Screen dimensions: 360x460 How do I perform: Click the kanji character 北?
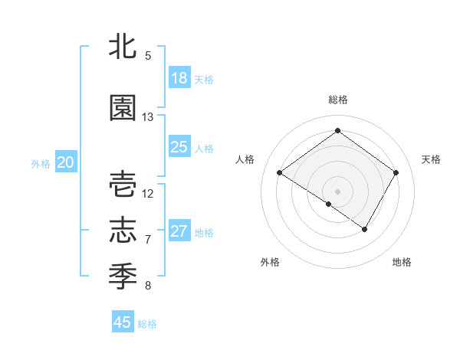pos(123,47)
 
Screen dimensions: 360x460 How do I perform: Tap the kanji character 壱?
pos(123,185)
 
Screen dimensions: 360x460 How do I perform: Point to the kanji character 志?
pos(123,229)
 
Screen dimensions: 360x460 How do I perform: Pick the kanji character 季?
pos(123,273)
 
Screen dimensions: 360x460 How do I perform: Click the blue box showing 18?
pos(179,78)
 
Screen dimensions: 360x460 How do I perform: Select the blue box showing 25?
pos(179,147)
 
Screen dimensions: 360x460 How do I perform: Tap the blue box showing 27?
pos(179,231)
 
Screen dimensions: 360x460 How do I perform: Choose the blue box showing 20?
pos(66,162)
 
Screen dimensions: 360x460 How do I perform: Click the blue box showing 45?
pos(123,322)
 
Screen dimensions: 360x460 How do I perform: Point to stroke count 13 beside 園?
pos(148,117)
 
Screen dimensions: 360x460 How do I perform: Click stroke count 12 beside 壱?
pos(148,193)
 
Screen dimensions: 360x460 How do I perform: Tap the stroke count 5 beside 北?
pos(148,56)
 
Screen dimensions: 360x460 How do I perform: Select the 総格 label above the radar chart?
pos(337,100)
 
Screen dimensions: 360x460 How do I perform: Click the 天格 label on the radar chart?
pos(431,159)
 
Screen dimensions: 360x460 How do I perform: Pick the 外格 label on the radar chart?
pos(270,262)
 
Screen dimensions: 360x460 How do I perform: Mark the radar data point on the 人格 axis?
pos(280,173)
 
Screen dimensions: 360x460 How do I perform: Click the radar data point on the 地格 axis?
pos(365,229)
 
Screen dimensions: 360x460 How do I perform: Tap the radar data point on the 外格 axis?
pos(329,204)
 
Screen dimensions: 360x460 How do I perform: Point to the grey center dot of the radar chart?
pos(337,191)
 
